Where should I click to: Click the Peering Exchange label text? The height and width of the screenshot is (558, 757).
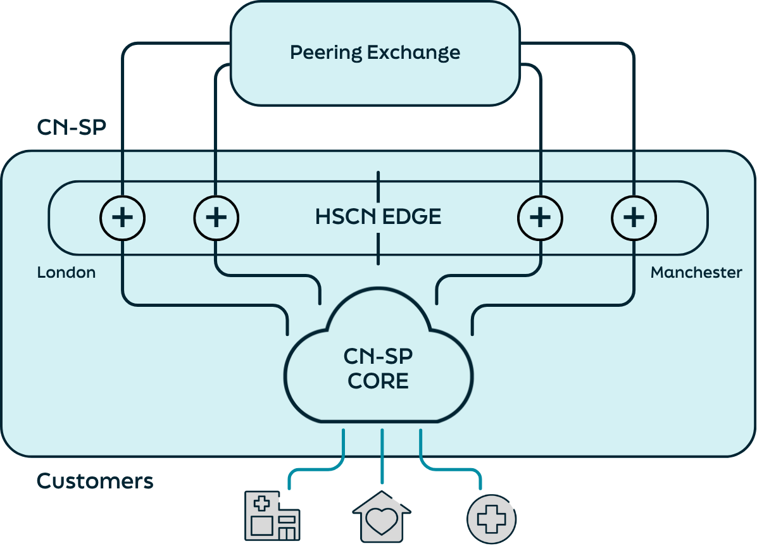pos(375,52)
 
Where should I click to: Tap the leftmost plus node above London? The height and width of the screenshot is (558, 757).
pos(122,218)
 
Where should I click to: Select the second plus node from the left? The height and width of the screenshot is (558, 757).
pos(216,218)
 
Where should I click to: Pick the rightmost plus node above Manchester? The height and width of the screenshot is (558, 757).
pos(634,218)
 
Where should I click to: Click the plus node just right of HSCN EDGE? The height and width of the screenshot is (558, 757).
pos(540,218)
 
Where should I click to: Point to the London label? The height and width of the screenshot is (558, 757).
pos(66,273)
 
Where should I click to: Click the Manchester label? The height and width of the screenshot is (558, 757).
pos(696,273)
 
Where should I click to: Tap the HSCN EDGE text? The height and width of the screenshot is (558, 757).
pos(378,217)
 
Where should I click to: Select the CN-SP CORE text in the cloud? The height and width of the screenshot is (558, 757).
pos(378,369)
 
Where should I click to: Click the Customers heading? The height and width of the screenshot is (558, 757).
pos(95,481)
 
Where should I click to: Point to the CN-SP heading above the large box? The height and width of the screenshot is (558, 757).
pos(71,127)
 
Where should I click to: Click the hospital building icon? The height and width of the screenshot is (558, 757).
pos(272,517)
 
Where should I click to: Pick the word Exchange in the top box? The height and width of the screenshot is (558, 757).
pos(414,52)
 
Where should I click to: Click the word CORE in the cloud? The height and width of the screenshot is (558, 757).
pos(378,381)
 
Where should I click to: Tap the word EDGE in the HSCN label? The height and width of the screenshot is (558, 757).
pos(412,217)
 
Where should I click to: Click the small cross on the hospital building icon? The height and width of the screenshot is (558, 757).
pos(260,504)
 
